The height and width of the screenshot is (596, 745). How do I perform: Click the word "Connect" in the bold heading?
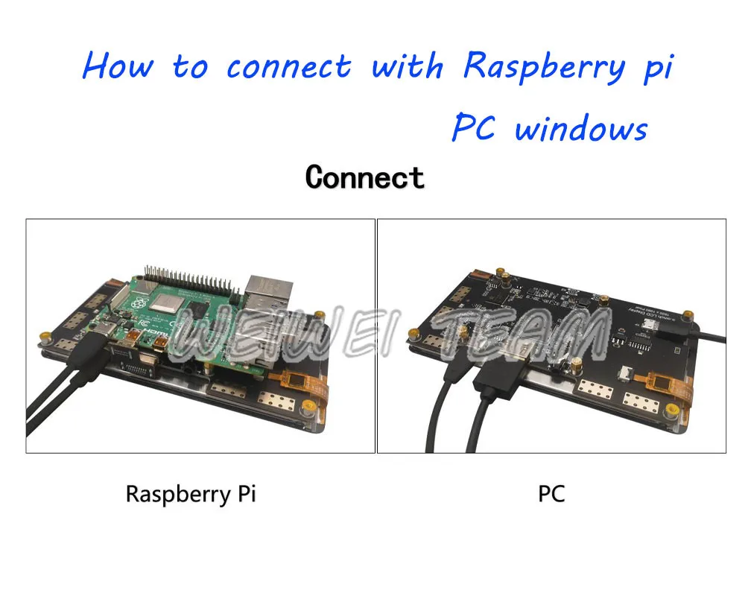[364, 177]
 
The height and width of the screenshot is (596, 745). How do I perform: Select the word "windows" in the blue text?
[581, 129]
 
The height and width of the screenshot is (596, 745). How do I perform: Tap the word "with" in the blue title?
[407, 66]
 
